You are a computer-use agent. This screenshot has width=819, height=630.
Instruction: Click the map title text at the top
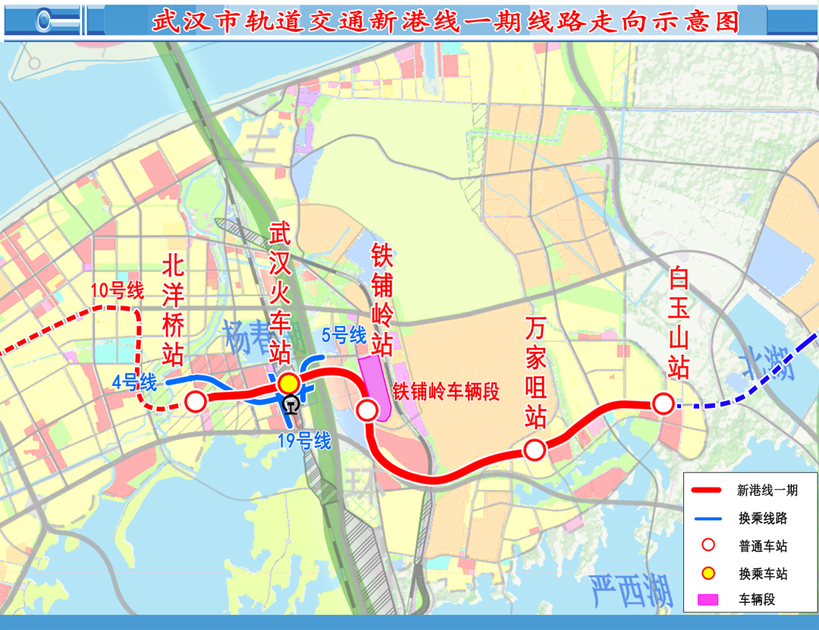pyautogui.click(x=445, y=20)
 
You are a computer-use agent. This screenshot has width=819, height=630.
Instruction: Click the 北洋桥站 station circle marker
pyautogui.click(x=196, y=402)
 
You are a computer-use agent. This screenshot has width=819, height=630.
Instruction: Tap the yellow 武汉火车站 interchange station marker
pyautogui.click(x=288, y=384)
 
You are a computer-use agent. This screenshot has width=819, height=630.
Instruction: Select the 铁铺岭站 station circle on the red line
pyautogui.click(x=367, y=410)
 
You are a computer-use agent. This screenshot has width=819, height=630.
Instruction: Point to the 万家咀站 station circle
pyautogui.click(x=534, y=450)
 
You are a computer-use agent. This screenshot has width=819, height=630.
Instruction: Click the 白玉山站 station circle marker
pyautogui.click(x=663, y=404)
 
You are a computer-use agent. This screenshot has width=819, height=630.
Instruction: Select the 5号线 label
pyautogui.click(x=344, y=335)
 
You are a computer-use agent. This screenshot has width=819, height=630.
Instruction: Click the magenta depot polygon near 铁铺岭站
pyautogui.click(x=375, y=383)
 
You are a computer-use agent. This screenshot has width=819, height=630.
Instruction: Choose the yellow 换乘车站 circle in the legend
pyautogui.click(x=708, y=573)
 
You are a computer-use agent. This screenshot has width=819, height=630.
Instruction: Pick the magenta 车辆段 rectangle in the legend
pyautogui.click(x=708, y=600)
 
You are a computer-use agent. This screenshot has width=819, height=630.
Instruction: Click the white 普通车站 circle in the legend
pyautogui.click(x=708, y=545)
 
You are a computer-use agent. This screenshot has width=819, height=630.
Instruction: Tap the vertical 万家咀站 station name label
pyautogui.click(x=536, y=371)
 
